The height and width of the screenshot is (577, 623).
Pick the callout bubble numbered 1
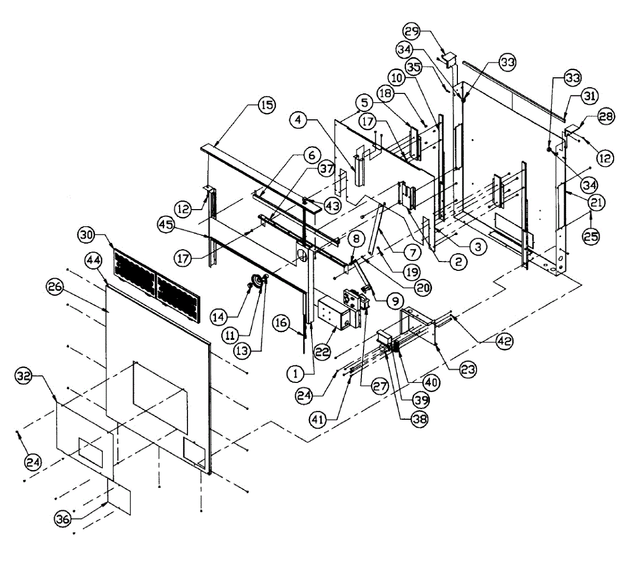click(x=296, y=373)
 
